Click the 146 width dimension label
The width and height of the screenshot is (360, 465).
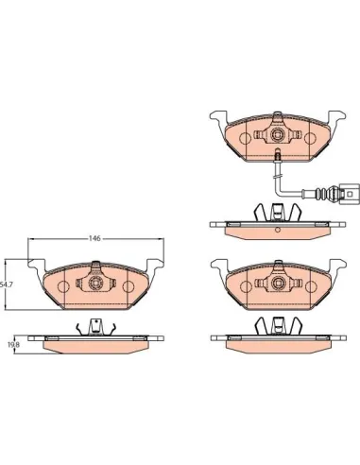pyautogui.click(x=94, y=238)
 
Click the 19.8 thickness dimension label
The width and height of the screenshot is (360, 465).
pyautogui.click(x=13, y=345)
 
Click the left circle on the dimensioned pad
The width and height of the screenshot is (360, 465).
pyautogui.click(x=63, y=286)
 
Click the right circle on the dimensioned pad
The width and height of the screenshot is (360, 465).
pyautogui.click(x=129, y=286)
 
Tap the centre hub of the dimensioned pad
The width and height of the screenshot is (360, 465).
pyautogui.click(x=95, y=283)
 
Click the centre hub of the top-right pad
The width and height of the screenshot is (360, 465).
pyautogui.click(x=277, y=134)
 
